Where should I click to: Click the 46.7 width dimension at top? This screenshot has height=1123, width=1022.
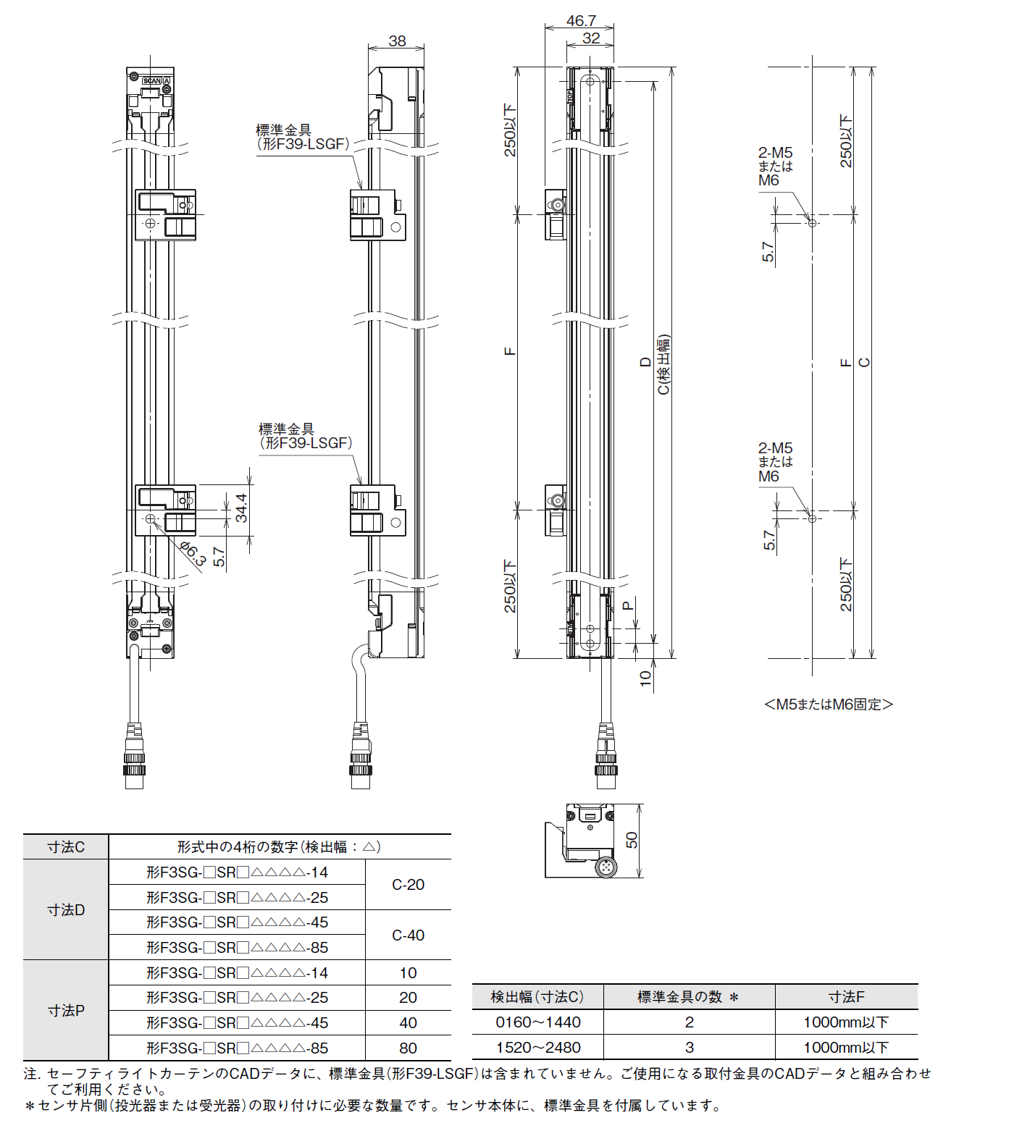point(580,20)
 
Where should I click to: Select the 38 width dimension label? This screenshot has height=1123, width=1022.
point(397,41)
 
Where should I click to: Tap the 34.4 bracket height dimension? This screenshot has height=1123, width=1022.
point(241,508)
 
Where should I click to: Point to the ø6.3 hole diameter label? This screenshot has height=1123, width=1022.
point(193,552)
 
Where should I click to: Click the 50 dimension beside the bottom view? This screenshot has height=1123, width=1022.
point(632,840)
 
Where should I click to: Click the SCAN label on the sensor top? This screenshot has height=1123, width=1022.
point(152,80)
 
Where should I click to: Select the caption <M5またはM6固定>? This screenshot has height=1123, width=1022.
point(829,704)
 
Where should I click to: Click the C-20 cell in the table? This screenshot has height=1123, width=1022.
point(408,885)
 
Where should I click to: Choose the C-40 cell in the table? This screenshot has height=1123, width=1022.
point(408,935)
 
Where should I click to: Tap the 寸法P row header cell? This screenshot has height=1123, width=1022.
point(66,1010)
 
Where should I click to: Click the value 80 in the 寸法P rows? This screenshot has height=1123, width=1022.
point(408,1048)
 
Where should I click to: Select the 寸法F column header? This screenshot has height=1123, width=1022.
point(846,997)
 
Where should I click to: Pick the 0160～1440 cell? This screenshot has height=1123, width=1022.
point(537,1022)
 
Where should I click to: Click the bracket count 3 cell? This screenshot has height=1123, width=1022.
point(689,1047)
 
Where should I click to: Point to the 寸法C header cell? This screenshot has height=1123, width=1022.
point(66,847)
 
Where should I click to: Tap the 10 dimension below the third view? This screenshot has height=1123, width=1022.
point(645,678)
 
